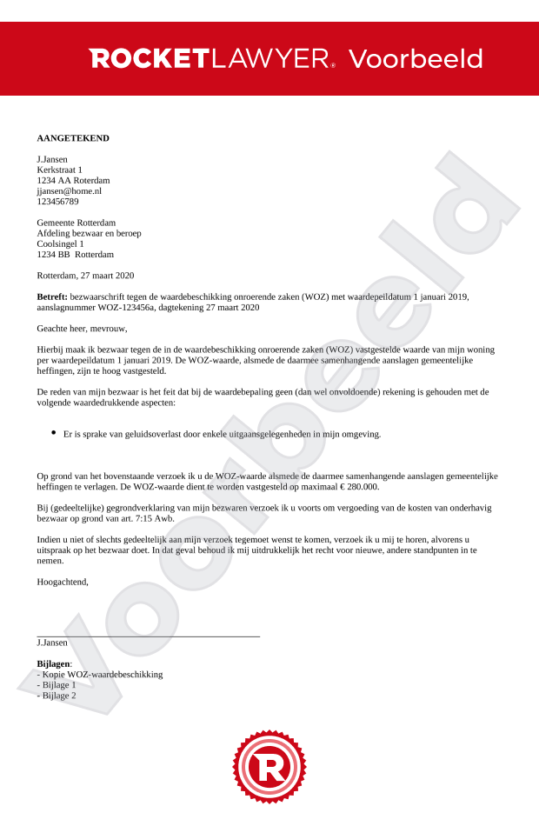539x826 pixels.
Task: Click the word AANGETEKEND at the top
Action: pos(73,138)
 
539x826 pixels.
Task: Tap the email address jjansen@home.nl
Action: pos(69,190)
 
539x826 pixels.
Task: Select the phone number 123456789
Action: pos(57,201)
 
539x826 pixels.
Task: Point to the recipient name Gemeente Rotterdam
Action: pos(76,223)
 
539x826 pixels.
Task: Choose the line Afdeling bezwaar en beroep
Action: pos(89,233)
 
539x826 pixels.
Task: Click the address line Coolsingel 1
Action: pos(60,243)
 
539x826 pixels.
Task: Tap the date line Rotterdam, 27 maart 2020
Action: pos(85,276)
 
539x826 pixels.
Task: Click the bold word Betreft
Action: pos(52,296)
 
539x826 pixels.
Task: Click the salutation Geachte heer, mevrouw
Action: pos(82,328)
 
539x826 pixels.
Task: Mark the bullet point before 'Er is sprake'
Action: pos(54,432)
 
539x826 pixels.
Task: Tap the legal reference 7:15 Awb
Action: pos(155,518)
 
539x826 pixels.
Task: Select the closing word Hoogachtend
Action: pos(63,582)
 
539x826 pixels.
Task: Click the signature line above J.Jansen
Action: pos(148,636)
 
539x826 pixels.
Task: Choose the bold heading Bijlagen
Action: pos(54,663)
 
